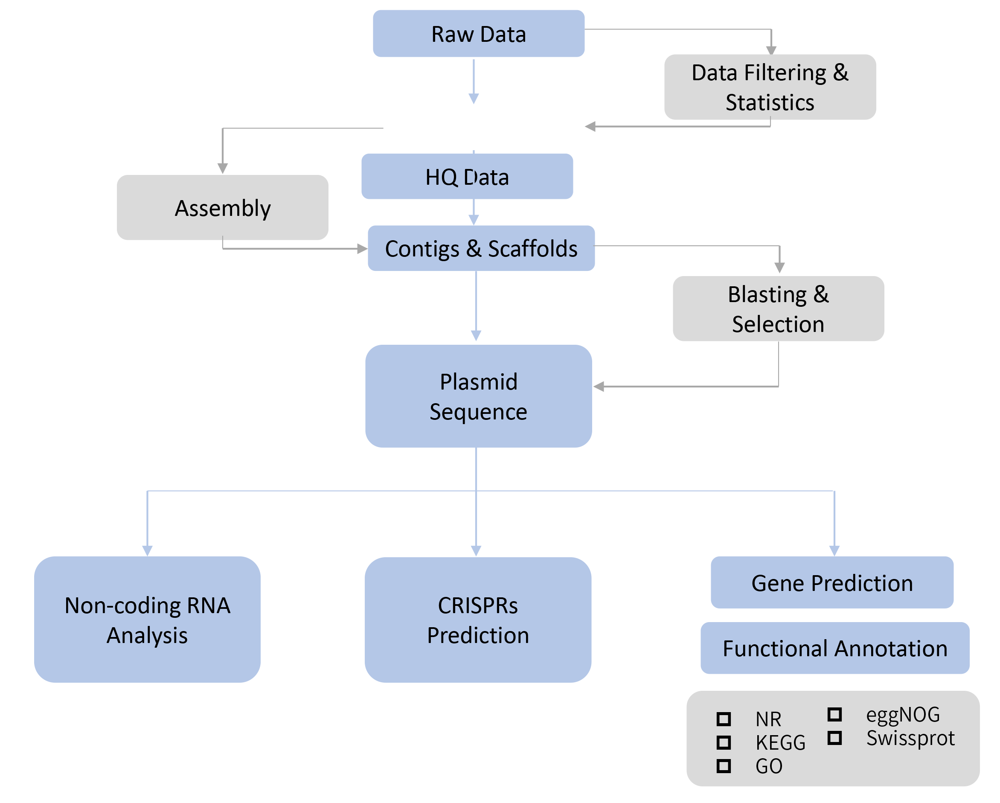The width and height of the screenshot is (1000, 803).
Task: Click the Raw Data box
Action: coord(478,34)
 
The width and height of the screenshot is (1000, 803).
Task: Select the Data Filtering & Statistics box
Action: coord(770,87)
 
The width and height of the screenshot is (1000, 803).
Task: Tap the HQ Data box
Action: coord(467,177)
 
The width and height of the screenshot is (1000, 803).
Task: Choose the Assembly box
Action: coord(222,207)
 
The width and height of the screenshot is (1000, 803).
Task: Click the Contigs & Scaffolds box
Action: coord(481,248)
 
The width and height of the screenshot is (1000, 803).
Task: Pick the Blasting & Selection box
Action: coord(778,308)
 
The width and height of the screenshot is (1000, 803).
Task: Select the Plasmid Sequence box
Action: coord(478,396)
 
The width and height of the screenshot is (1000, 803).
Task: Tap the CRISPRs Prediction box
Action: coord(478,620)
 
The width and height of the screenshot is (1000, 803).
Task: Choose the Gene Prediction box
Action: coord(831,583)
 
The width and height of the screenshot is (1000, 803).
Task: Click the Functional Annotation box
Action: coord(834,648)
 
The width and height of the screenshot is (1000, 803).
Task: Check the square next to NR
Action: coord(724,719)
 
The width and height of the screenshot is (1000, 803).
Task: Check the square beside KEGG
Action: coord(724,743)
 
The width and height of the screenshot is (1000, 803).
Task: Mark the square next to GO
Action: coord(724,766)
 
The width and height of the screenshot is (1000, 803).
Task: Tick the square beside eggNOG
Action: coord(834,714)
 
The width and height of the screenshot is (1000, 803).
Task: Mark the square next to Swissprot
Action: coord(834,738)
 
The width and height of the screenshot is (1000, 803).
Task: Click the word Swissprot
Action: coord(910,738)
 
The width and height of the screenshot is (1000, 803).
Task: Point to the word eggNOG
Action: coord(903,714)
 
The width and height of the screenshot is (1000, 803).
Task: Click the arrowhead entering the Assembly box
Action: coord(223,169)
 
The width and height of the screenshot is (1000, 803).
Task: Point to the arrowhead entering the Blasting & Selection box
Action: coord(779,268)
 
